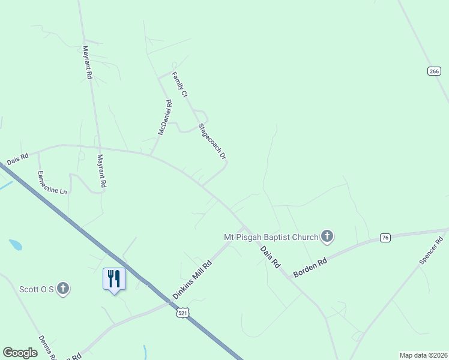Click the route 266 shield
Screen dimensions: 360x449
[x=434, y=71]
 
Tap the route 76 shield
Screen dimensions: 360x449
[x=385, y=238]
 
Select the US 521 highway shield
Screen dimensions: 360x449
[x=184, y=313]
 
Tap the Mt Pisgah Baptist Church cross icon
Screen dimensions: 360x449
[x=327, y=236]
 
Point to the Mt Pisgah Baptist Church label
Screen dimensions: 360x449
[x=270, y=237]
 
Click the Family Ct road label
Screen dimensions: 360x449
[x=179, y=85]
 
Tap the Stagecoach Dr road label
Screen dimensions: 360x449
[x=212, y=142]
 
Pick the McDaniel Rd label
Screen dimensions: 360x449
[x=164, y=117]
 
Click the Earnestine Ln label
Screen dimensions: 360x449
[x=52, y=182]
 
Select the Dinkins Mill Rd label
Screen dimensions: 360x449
[x=192, y=280]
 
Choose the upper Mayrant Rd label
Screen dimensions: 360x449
[x=87, y=62]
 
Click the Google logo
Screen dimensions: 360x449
[x=20, y=353]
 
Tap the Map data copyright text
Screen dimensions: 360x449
[x=423, y=355]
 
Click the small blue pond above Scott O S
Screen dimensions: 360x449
[x=16, y=245]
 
